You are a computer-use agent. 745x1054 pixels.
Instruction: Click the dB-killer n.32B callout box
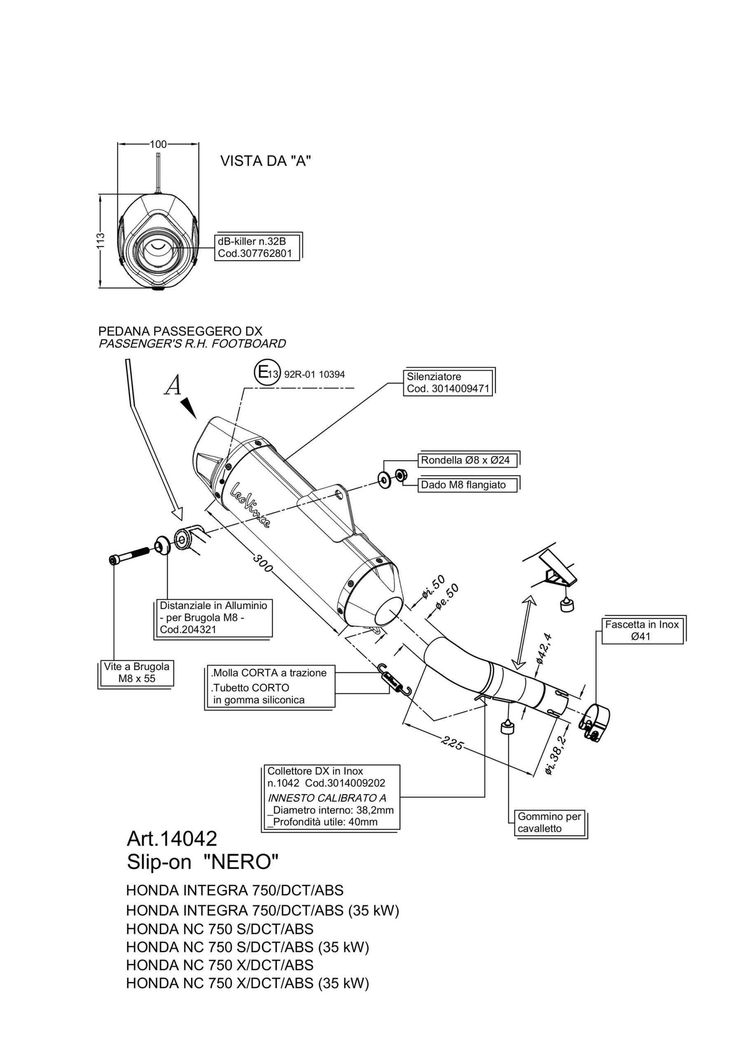257,247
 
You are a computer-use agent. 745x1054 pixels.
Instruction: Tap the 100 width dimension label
158,144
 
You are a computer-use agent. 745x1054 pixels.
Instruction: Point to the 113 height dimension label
100,240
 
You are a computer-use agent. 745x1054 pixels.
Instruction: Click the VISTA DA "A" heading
266,161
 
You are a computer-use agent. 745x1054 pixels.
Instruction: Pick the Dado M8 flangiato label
463,485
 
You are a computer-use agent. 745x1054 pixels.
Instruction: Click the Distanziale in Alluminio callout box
213,618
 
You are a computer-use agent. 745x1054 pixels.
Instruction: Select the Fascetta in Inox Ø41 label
642,630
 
